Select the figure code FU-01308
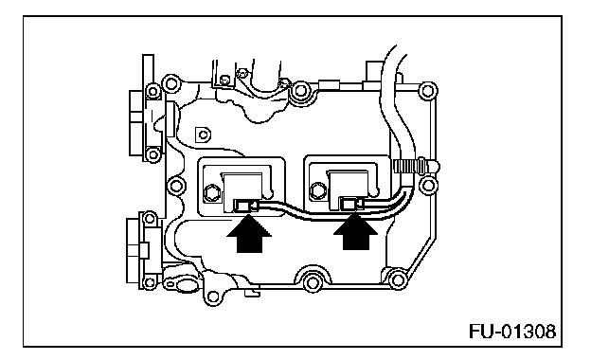click(x=512, y=332)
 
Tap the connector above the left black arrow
click(x=245, y=206)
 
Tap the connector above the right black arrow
click(x=350, y=204)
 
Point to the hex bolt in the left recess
click(x=212, y=193)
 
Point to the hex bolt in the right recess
click(x=318, y=190)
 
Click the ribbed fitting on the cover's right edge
click(x=416, y=166)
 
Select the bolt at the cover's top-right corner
click(x=426, y=91)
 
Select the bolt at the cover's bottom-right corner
click(x=398, y=280)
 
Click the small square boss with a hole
click(x=203, y=135)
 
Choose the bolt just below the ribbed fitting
click(x=427, y=185)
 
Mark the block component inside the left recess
click(x=243, y=191)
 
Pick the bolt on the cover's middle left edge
click(x=174, y=186)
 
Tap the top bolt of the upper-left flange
click(x=153, y=91)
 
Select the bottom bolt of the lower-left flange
click(x=150, y=282)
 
